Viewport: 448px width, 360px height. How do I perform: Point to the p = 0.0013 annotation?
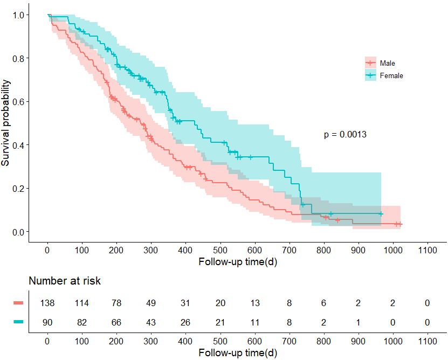(x=345, y=135)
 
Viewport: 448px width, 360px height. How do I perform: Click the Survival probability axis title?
(x=6, y=123)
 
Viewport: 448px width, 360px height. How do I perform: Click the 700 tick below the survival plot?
(x=289, y=251)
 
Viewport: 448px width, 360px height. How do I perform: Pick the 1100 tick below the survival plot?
(x=427, y=251)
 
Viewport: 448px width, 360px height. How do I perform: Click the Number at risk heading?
(x=65, y=281)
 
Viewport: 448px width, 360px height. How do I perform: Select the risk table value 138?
(x=47, y=303)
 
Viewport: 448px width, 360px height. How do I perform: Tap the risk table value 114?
(x=82, y=303)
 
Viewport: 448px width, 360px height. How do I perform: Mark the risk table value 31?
(x=185, y=303)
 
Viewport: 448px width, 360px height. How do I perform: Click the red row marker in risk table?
(x=18, y=303)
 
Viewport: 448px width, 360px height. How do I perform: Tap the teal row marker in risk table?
(x=18, y=322)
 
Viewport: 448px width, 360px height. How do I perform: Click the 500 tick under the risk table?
(x=220, y=342)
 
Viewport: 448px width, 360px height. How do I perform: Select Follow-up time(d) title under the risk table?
(x=238, y=353)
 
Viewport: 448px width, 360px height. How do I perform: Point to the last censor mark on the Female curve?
(x=381, y=214)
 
